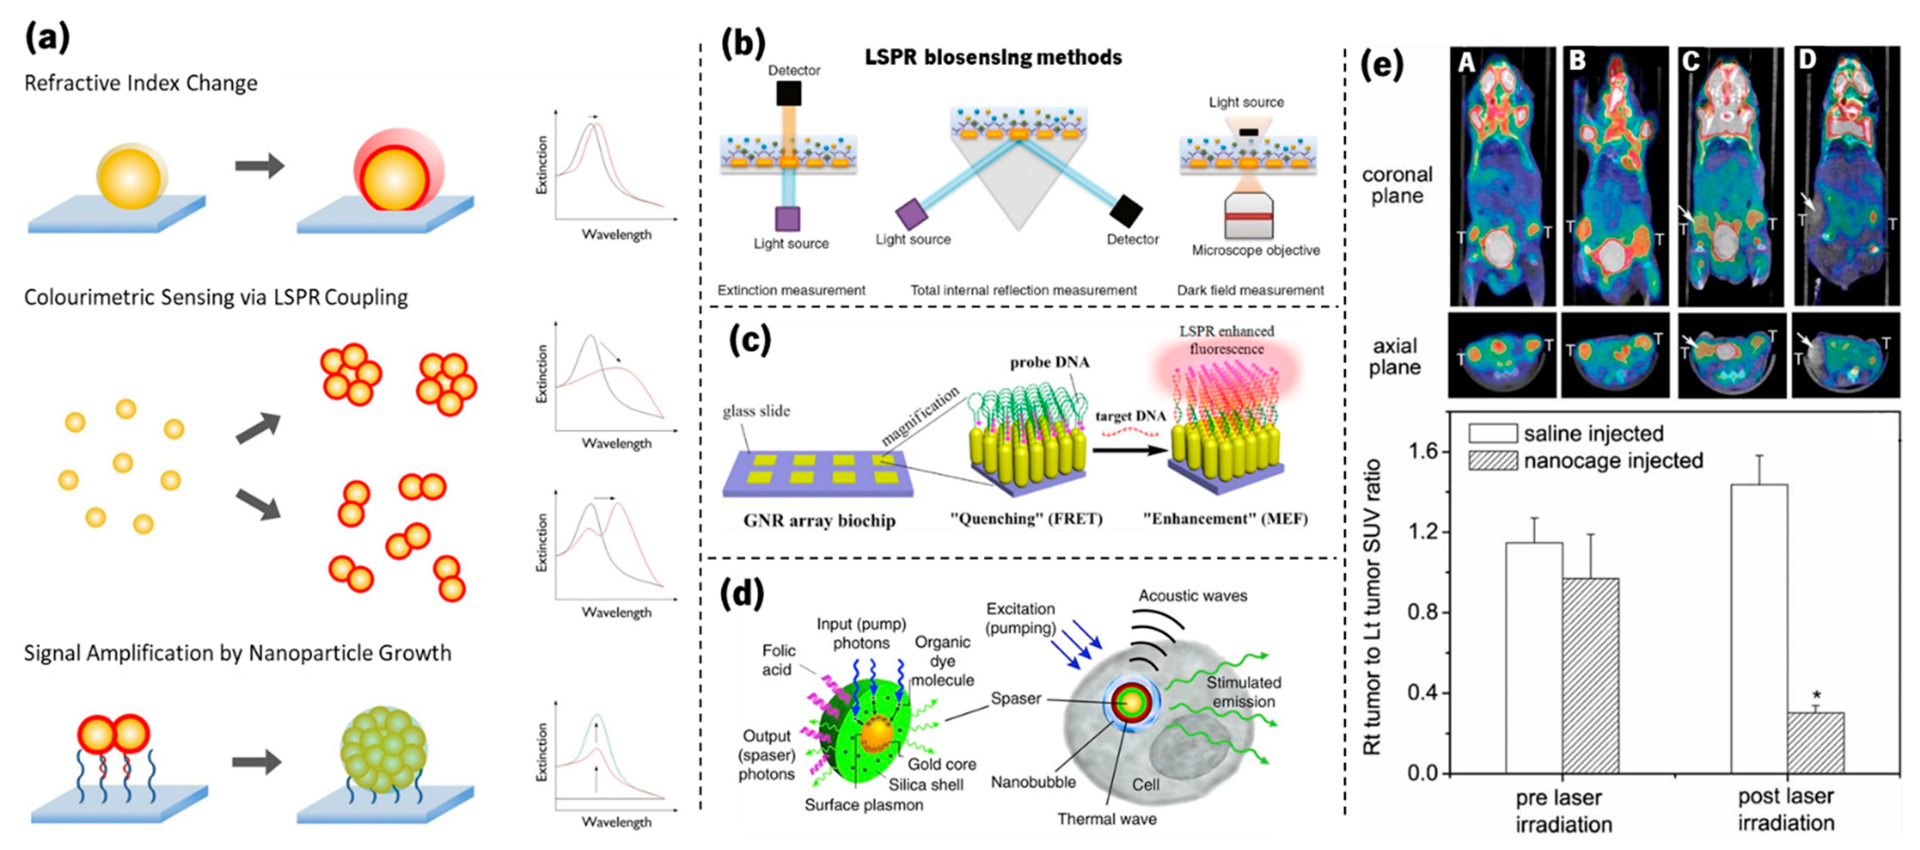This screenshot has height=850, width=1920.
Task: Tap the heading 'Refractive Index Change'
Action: [141, 83]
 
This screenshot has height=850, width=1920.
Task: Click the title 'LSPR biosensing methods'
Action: [993, 58]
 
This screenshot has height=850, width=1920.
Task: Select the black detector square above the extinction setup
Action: [789, 94]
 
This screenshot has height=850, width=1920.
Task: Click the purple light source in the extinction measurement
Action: [788, 219]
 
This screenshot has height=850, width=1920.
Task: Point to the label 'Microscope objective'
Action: [1255, 250]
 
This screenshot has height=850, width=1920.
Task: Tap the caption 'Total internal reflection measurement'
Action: [1023, 290]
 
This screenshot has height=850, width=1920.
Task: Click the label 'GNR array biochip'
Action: [819, 521]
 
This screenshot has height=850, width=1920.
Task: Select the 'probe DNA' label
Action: [1049, 362]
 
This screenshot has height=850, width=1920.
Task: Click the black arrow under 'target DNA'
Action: [1129, 449]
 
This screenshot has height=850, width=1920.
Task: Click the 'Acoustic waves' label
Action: [1192, 596]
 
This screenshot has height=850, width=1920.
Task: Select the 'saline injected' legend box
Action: [1492, 433]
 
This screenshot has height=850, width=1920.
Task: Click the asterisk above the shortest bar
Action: [1816, 696]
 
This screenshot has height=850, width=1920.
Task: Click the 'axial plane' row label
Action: [1394, 356]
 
